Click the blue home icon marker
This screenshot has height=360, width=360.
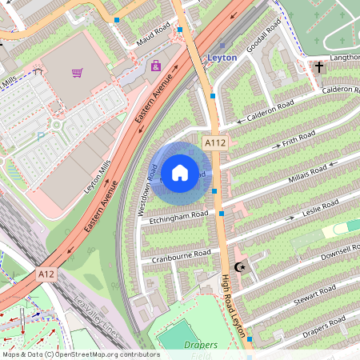[180, 172]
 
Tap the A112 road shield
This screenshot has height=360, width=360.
[214, 142]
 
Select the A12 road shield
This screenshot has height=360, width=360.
[47, 274]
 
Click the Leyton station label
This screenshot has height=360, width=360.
[222, 58]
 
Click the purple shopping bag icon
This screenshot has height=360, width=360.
[156, 66]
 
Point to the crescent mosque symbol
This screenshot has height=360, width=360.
[238, 267]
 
